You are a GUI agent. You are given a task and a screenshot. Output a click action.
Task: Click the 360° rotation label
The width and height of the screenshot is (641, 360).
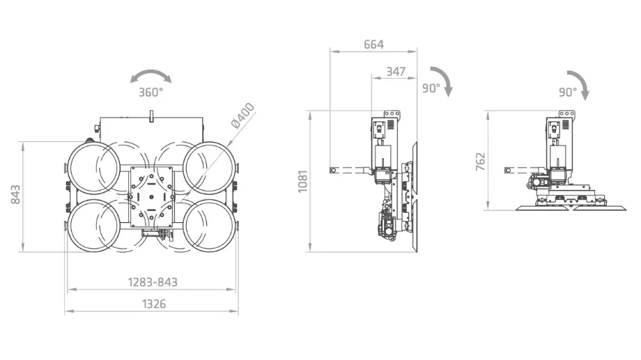coord(151,93)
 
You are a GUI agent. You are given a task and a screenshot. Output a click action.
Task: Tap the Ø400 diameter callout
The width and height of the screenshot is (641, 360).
coord(243,116)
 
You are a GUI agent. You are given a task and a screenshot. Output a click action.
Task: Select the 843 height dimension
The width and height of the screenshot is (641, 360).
coord(15,195)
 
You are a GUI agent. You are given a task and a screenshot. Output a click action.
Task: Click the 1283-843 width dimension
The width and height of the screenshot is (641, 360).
coord(153,283)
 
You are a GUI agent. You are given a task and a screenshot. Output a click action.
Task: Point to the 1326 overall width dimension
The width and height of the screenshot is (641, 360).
coord(154,304)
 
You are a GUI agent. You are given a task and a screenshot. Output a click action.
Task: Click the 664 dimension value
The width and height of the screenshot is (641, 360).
coord(373,44)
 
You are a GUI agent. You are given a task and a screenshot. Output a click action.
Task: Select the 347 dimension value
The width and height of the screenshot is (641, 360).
coord(396,72)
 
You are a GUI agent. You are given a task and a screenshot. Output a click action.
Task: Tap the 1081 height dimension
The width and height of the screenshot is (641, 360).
coord(302,182)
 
